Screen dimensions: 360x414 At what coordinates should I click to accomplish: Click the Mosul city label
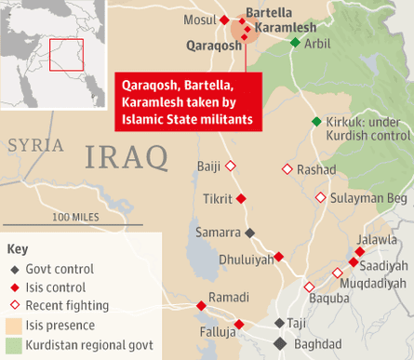click(x=198, y=20)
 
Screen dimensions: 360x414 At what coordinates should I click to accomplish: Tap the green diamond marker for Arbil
click(x=295, y=43)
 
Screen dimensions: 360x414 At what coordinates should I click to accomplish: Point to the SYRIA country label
click(x=35, y=145)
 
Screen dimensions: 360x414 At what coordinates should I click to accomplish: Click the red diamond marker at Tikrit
click(x=241, y=199)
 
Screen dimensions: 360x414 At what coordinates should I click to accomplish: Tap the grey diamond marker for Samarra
click(x=249, y=233)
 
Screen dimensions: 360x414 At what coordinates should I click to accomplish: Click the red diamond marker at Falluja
click(x=239, y=324)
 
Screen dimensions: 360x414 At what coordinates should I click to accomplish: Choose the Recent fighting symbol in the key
click(x=13, y=306)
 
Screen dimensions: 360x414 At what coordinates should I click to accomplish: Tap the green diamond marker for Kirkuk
click(x=316, y=122)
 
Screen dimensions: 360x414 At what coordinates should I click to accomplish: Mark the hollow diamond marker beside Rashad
click(x=287, y=169)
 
